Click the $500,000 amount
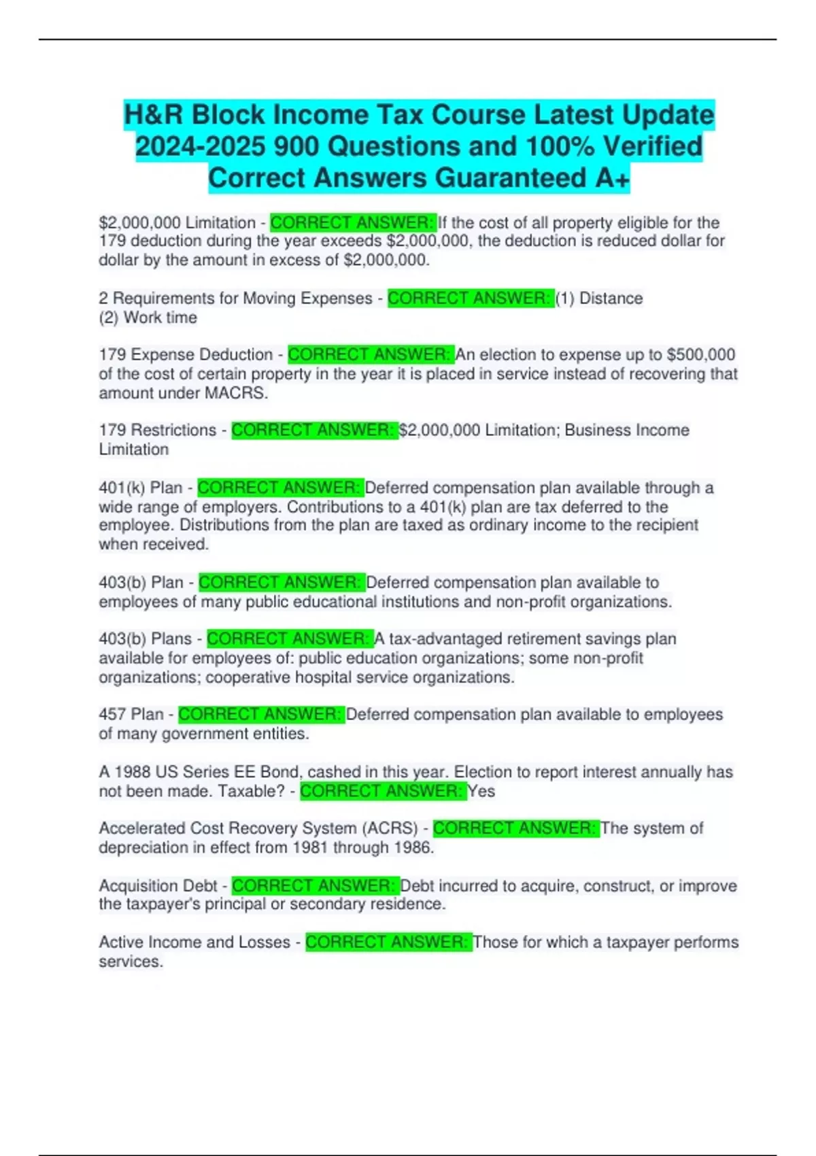tap(701, 355)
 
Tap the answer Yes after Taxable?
tap(481, 792)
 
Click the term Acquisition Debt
tap(158, 886)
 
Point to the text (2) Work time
tap(148, 318)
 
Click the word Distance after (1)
tap(611, 299)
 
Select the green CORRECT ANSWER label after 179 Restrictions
tap(314, 430)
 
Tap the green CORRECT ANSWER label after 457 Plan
tap(261, 715)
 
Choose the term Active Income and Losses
tap(194, 942)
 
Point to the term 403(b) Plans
tap(145, 639)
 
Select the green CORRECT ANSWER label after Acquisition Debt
tap(315, 886)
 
